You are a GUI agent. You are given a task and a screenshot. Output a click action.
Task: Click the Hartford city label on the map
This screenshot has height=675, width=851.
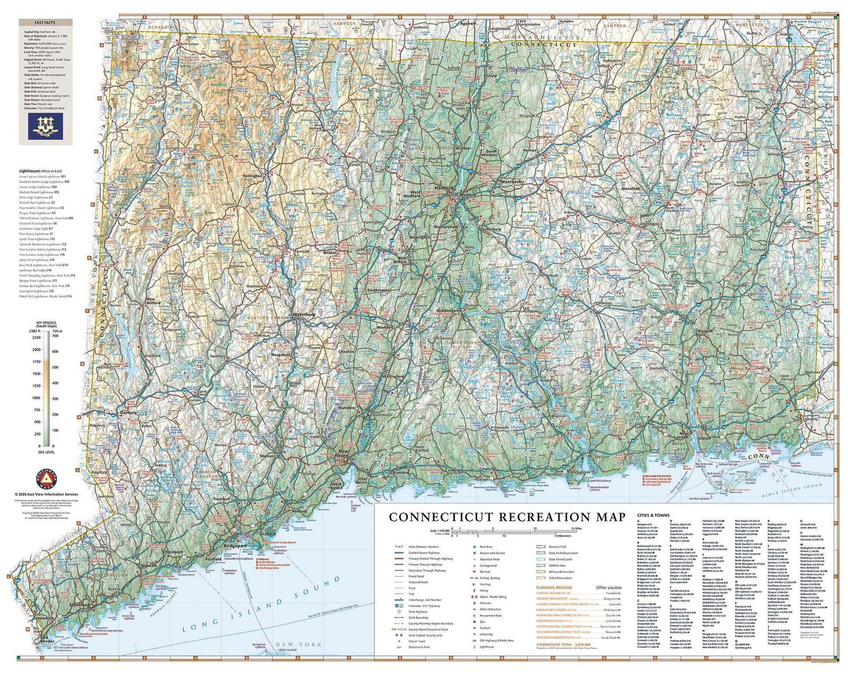pyautogui.click(x=444, y=188)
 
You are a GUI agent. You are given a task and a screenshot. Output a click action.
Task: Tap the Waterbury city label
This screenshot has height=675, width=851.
pyautogui.click(x=304, y=315)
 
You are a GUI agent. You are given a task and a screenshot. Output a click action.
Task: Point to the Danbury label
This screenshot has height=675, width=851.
pyautogui.click(x=128, y=412)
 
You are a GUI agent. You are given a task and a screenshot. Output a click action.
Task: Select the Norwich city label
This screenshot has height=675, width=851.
pyautogui.click(x=705, y=331)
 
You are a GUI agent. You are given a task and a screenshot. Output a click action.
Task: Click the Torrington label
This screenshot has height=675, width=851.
pyautogui.click(x=252, y=176)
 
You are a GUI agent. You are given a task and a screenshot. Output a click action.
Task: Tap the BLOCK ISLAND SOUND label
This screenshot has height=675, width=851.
pyautogui.click(x=792, y=490)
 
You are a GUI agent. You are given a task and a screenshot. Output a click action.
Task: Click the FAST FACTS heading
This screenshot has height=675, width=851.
pyautogui.click(x=45, y=22)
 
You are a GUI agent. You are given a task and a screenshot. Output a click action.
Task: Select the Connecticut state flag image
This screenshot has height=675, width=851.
pyautogui.click(x=45, y=126)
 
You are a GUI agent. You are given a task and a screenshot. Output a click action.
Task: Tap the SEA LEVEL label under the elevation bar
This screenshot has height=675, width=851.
pyautogui.click(x=46, y=452)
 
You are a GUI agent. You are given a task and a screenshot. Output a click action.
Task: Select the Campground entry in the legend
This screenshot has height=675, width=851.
pyautogui.click(x=488, y=565)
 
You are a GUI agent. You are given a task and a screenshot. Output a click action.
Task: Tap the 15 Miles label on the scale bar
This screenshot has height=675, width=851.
pyautogui.click(x=576, y=528)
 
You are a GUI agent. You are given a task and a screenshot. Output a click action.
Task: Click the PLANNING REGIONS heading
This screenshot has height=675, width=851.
pyautogui.click(x=554, y=588)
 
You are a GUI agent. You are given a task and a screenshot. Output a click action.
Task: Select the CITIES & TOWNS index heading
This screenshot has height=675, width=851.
pyautogui.click(x=653, y=516)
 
